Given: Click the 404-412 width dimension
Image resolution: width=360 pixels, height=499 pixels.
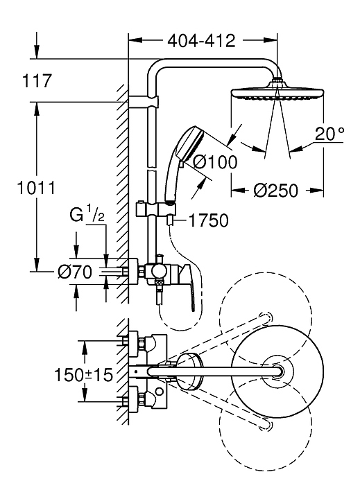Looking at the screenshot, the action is (x=201, y=41).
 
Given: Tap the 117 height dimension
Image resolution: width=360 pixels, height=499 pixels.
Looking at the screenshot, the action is (x=36, y=80).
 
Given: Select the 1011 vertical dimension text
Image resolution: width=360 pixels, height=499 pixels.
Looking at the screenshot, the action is (x=35, y=188).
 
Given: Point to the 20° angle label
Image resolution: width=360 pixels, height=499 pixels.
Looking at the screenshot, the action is (x=329, y=134).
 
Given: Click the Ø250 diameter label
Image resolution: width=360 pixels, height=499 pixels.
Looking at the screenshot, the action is (x=276, y=191).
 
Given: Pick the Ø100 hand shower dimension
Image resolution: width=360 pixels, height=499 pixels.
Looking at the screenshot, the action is (x=215, y=162).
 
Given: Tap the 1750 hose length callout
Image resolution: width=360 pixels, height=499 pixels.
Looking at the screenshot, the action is (x=209, y=220).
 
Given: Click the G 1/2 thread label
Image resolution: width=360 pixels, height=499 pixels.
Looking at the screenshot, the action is (x=87, y=216).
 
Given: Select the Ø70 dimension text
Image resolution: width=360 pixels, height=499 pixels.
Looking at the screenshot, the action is (x=75, y=272).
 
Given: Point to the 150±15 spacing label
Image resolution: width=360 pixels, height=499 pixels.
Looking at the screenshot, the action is (x=83, y=374).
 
